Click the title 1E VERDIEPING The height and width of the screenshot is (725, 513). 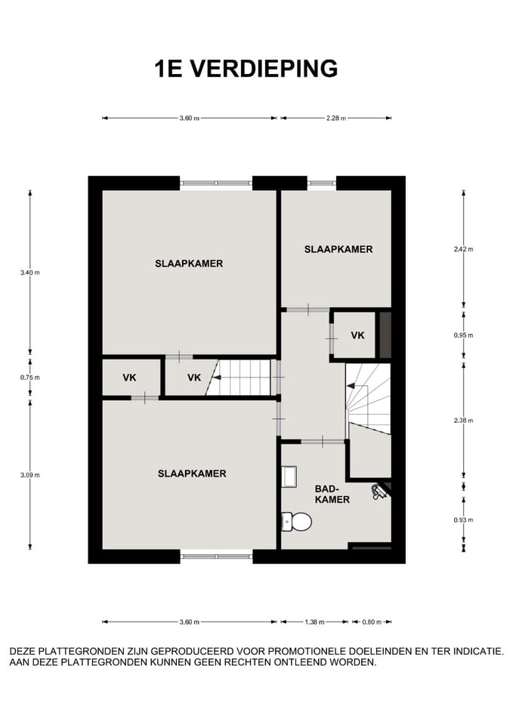click(246, 69)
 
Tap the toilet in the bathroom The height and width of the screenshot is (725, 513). click(296, 522)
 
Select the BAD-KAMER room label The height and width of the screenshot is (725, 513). click(332, 494)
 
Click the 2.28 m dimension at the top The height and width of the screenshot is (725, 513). click(336, 118)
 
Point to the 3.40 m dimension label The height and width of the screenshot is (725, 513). click(30, 273)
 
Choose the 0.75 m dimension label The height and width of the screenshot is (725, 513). click(30, 378)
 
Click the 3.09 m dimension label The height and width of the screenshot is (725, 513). click(30, 475)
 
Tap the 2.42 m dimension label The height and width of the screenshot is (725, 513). click(463, 249)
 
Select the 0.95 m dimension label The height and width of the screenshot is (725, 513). click(463, 335)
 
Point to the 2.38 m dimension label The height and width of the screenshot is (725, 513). click(463, 421)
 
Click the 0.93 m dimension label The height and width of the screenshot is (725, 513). click(463, 520)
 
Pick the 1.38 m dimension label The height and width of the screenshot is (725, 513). click(314, 622)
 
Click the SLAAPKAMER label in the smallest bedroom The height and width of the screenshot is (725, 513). click(338, 249)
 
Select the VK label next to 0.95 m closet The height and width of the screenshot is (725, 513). click(357, 335)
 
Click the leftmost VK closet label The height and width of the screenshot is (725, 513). click(129, 378)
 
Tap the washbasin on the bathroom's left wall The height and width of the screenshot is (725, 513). click(289, 477)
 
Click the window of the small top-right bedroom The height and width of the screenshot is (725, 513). click(322, 183)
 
